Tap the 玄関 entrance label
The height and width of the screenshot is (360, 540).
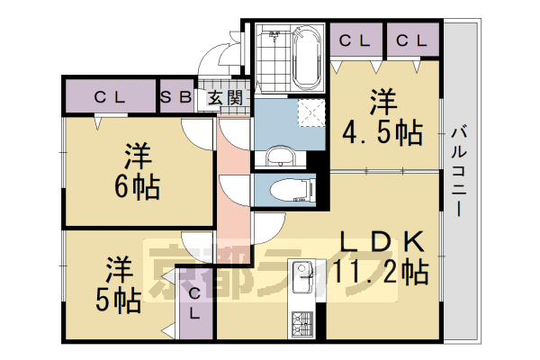(x=226, y=97)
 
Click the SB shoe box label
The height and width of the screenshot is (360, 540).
(x=175, y=97)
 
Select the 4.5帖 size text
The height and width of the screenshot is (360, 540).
(x=382, y=132)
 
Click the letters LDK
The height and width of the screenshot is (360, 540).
(x=382, y=240)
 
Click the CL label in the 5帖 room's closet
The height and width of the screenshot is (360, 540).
(x=195, y=302)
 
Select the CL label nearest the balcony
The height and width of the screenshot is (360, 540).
(x=411, y=40)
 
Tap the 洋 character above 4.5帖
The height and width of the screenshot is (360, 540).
(x=381, y=99)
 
